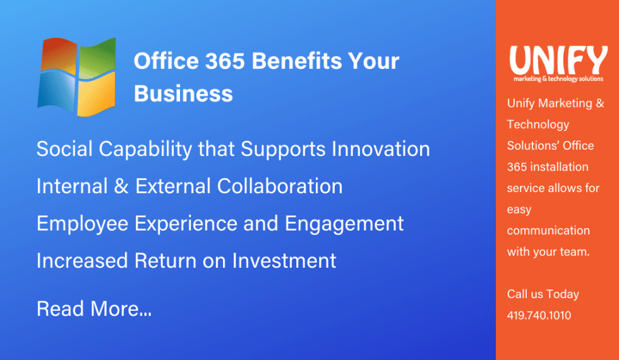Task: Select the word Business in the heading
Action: [183, 93]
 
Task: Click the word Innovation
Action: [381, 149]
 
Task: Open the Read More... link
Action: [94, 309]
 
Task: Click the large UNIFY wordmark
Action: [558, 60]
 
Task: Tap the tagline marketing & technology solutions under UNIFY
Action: [558, 79]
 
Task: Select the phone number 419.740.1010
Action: [539, 315]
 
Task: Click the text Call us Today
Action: [543, 294]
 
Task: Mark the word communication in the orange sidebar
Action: [548, 231]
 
